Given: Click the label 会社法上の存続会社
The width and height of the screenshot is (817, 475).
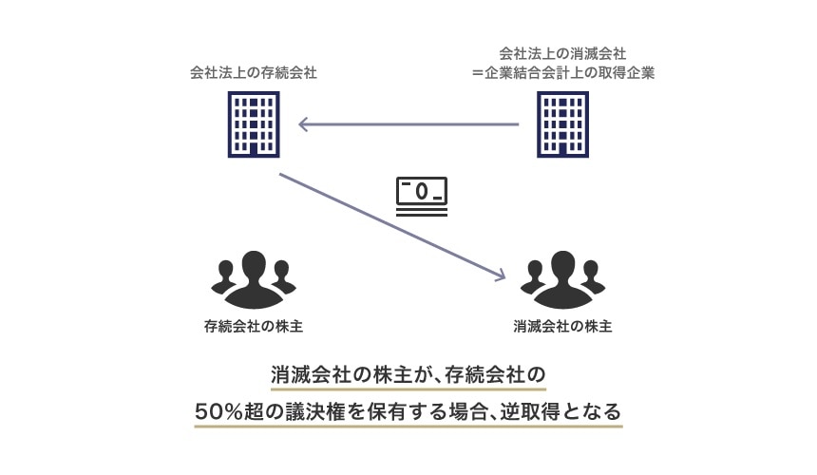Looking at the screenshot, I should pos(253,72).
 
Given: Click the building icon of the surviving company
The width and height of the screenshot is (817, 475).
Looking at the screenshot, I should pos(254,124).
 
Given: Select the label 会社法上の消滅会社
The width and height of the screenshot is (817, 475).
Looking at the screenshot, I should pos(561,54).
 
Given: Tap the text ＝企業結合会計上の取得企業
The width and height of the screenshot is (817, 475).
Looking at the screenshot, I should pos(563,72).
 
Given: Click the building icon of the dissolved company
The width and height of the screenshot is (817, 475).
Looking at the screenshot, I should pos(562,124).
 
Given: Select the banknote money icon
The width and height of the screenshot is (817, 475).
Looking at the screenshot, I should pos(421,197).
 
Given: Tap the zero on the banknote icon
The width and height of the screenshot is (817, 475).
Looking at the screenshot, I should pos(421,191).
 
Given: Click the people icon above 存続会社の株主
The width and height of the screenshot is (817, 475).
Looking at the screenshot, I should pos(254,279).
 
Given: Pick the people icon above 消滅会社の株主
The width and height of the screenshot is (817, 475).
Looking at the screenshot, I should pos(562,279).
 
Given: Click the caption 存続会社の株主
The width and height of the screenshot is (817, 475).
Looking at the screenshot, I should pos(254,326).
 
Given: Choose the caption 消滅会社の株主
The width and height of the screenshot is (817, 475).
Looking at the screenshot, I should pos(562,326).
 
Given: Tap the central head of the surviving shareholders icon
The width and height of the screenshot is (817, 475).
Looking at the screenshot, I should pos(254,266).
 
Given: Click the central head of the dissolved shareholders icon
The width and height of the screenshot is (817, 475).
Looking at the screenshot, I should pos(562,266).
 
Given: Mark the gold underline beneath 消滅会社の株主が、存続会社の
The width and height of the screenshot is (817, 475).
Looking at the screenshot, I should pos(408,389).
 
